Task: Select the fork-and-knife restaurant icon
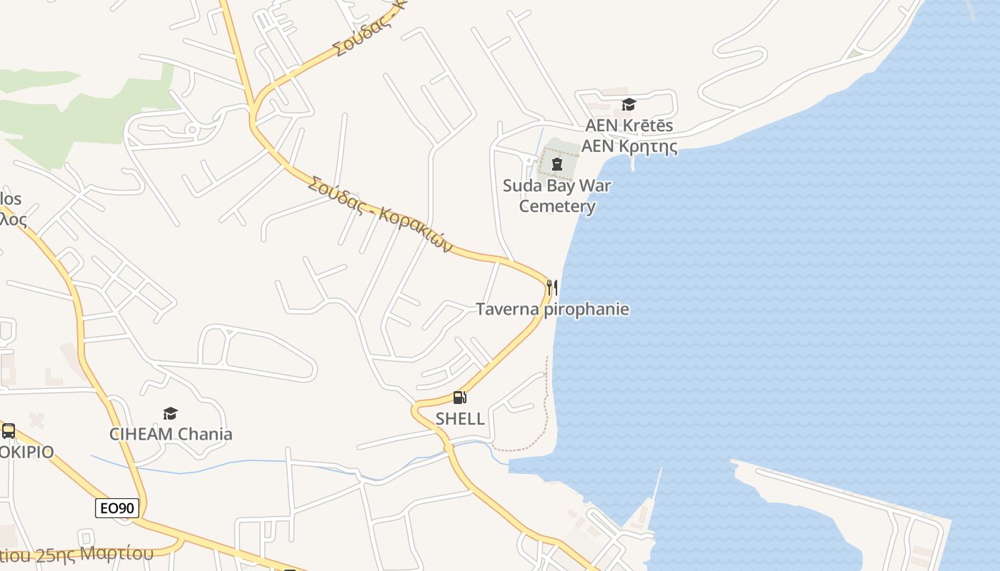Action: [x=551, y=288]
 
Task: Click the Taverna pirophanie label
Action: [x=552, y=309]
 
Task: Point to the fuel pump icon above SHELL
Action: [x=460, y=398]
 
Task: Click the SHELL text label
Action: [x=460, y=419]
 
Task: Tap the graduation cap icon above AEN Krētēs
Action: [x=629, y=105]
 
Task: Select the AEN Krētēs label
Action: [x=629, y=126]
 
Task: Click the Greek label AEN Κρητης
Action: [x=629, y=146]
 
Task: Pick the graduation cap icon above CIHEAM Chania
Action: [x=170, y=413]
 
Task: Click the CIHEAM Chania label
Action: [x=170, y=434]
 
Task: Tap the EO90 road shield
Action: [x=117, y=508]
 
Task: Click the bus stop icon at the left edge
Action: [x=9, y=431]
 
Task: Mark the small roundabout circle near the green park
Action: [x=191, y=129]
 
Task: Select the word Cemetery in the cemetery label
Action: [x=556, y=206]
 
